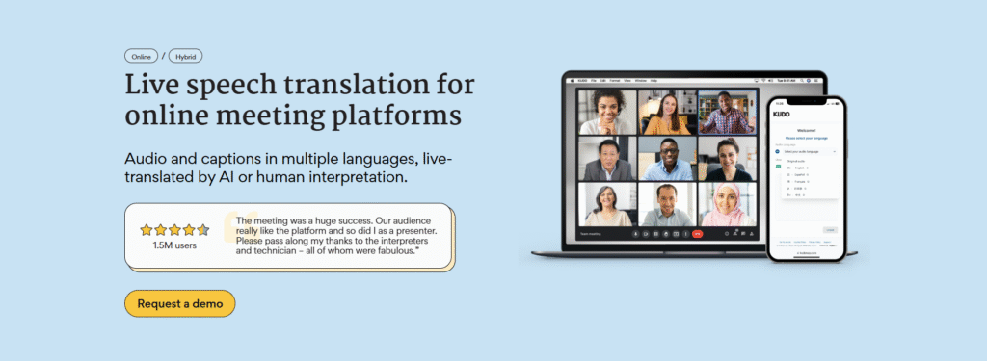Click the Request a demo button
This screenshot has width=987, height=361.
click(179, 303)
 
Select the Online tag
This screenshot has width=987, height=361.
click(141, 56)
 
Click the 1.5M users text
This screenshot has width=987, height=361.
click(174, 245)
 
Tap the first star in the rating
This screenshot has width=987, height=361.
click(147, 230)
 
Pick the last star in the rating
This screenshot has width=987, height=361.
click(202, 230)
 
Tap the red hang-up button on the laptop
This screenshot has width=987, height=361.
click(698, 234)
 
